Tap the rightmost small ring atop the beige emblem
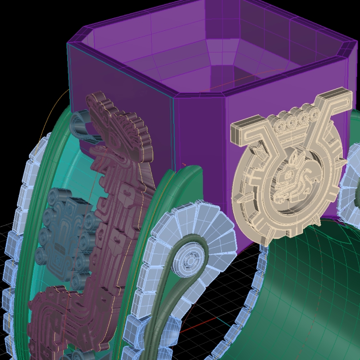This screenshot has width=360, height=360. [314, 114]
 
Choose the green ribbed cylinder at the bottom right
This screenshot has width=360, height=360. [312, 293]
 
